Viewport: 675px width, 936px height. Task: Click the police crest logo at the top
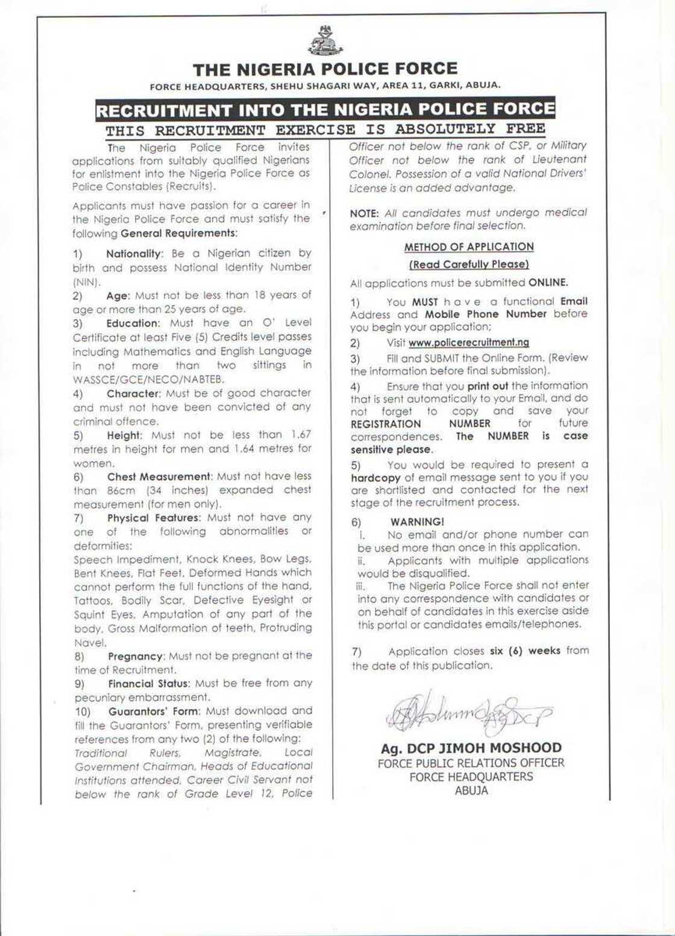point(325,42)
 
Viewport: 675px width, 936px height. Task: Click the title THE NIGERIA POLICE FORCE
point(325,69)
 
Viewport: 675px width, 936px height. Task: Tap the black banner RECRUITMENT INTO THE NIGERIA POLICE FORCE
point(325,110)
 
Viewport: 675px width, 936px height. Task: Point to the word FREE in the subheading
point(522,129)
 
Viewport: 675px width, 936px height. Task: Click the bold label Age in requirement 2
point(117,296)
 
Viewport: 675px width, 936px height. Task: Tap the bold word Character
point(132,393)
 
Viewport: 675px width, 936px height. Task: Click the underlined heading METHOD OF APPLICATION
point(469,247)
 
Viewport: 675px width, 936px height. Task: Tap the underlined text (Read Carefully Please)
point(469,264)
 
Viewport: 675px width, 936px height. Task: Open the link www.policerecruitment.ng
point(469,343)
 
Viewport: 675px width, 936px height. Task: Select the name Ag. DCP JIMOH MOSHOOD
point(471,748)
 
